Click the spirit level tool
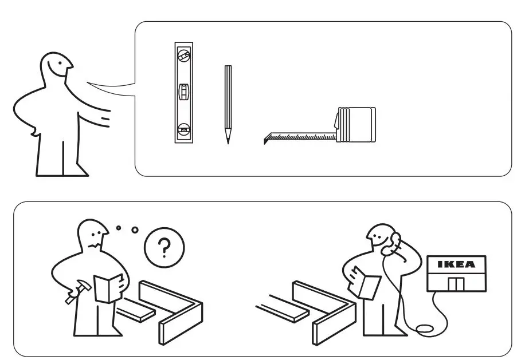(x=184, y=93)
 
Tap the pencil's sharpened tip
(x=228, y=140)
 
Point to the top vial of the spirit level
(x=184, y=56)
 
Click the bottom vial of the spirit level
(x=184, y=129)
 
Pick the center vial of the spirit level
(x=184, y=92)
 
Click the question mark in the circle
(x=164, y=248)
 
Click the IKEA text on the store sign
(x=456, y=264)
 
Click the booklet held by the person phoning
(x=366, y=282)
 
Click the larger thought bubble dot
(x=135, y=230)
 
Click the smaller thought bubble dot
(x=118, y=227)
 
